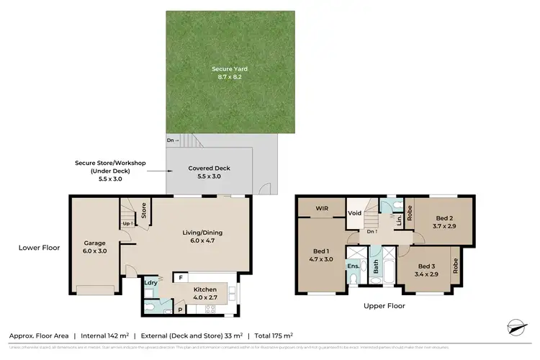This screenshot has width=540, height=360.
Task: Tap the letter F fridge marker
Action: [x=181, y=276]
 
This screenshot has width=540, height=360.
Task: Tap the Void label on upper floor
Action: [x=354, y=213]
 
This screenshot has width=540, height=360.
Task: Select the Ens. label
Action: [x=354, y=266]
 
